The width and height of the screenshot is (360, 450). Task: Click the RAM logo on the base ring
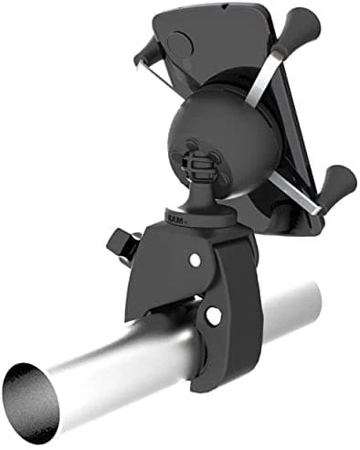(x=175, y=219)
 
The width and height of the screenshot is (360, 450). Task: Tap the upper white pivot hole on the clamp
(x=196, y=260)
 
